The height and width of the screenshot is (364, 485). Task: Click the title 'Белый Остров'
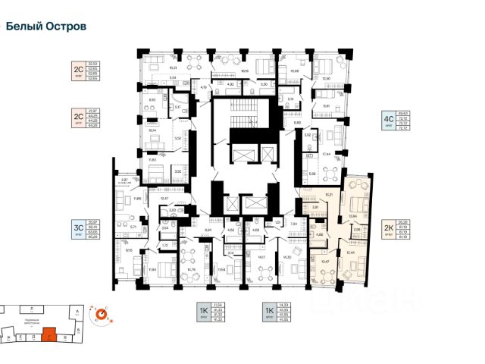pyautogui.click(x=46, y=26)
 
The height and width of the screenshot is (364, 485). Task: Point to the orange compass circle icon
pyautogui.click(x=99, y=312)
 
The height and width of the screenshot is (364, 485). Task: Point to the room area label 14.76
pyautogui.click(x=192, y=269)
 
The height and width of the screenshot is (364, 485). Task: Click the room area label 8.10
pyautogui.click(x=152, y=99)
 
